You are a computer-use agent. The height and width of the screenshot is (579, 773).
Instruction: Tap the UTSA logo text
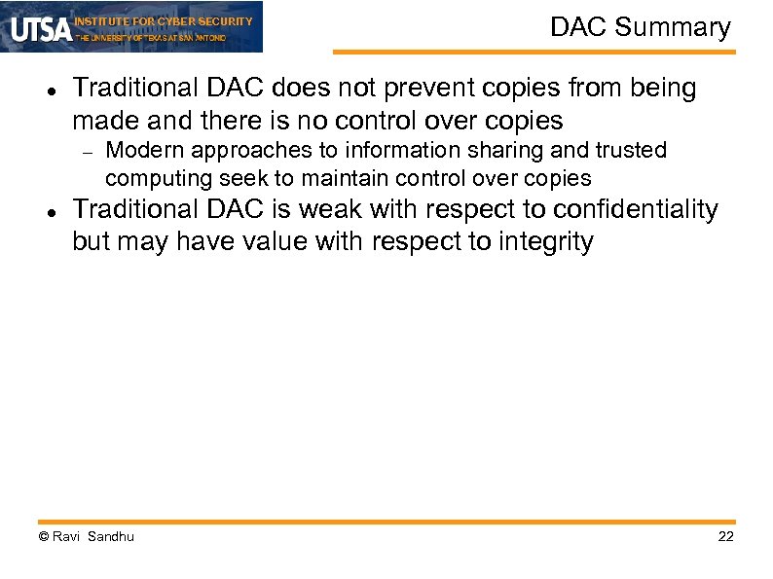[x=41, y=29]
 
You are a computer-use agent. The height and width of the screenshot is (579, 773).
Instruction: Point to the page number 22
[x=725, y=537]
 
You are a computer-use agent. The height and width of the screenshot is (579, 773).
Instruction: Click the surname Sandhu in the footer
[x=111, y=537]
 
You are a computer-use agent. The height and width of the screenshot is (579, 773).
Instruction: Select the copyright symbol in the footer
[x=43, y=537]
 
